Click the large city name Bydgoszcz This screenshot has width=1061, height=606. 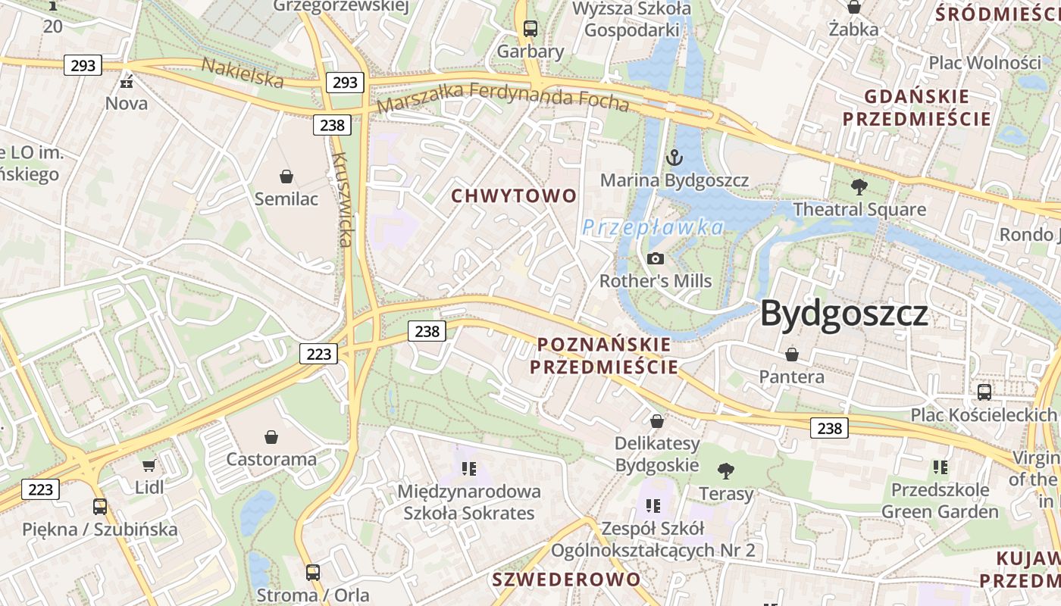pyautogui.click(x=844, y=314)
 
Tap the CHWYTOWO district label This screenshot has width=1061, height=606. pyautogui.click(x=514, y=196)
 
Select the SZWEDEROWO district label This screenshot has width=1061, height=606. pyautogui.click(x=566, y=579)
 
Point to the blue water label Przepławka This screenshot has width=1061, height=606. pyautogui.click(x=653, y=227)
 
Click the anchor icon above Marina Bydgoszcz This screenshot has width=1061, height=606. pyautogui.click(x=674, y=158)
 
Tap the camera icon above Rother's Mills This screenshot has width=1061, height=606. pyautogui.click(x=656, y=259)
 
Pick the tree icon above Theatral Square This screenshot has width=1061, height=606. pyautogui.click(x=859, y=186)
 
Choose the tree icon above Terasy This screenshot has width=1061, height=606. pyautogui.click(x=726, y=471)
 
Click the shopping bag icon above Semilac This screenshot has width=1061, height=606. pyautogui.click(x=286, y=176)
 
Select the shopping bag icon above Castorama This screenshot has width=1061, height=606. pyautogui.click(x=271, y=436)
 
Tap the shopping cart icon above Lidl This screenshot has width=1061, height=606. pyautogui.click(x=149, y=465)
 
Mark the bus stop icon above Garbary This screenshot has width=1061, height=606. pyautogui.click(x=530, y=29)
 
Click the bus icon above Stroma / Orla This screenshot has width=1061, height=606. pyautogui.click(x=313, y=572)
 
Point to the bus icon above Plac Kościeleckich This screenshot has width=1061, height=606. pyautogui.click(x=984, y=392)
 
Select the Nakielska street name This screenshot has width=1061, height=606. pyautogui.click(x=243, y=72)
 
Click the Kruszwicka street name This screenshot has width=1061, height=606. pyautogui.click(x=341, y=200)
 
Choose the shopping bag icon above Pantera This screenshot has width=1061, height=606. pyautogui.click(x=792, y=354)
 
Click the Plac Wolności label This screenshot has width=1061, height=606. pyautogui.click(x=985, y=62)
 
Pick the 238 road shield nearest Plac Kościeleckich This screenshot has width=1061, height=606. pyautogui.click(x=829, y=428)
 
